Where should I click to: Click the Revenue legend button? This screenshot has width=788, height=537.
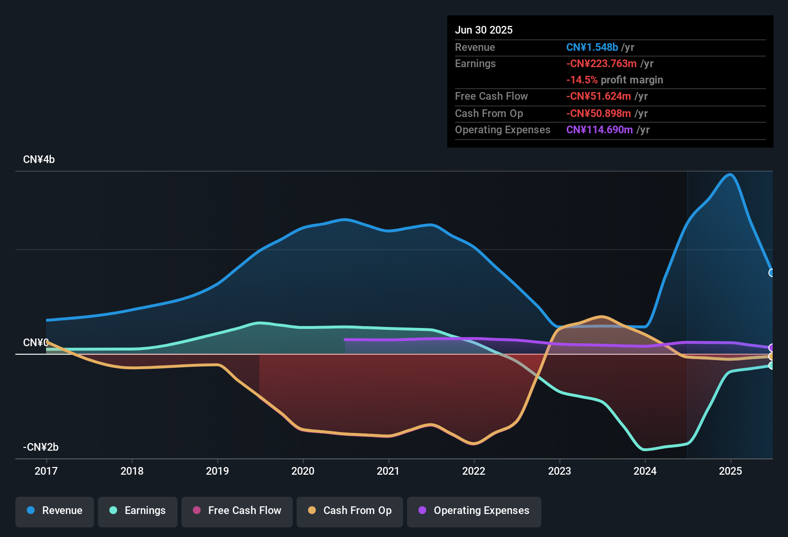pyautogui.click(x=55, y=511)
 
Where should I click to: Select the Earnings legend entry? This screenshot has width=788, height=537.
pyautogui.click(x=138, y=511)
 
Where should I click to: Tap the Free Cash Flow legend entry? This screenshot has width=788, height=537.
pyautogui.click(x=237, y=511)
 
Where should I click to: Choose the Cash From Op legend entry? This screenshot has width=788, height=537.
pyautogui.click(x=350, y=511)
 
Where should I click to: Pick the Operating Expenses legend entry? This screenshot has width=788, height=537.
pyautogui.click(x=474, y=511)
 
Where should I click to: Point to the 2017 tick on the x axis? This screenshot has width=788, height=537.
pyautogui.click(x=46, y=471)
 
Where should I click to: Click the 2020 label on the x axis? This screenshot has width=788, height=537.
pyautogui.click(x=303, y=471)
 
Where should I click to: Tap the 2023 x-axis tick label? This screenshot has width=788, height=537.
pyautogui.click(x=560, y=471)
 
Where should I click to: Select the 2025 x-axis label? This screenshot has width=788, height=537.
pyautogui.click(x=730, y=471)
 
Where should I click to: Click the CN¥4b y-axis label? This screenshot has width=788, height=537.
pyautogui.click(x=39, y=160)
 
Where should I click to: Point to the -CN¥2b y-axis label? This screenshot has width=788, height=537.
pyautogui.click(x=41, y=447)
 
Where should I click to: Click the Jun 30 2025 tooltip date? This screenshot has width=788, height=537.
pyautogui.click(x=484, y=30)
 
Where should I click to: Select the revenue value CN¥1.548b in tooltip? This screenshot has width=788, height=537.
pyautogui.click(x=592, y=47)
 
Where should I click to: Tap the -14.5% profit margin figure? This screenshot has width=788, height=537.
pyautogui.click(x=582, y=80)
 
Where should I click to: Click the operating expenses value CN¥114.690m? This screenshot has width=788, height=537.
pyautogui.click(x=599, y=130)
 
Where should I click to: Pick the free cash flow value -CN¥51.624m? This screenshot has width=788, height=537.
pyautogui.click(x=598, y=96)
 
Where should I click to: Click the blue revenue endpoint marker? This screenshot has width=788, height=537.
pyautogui.click(x=772, y=273)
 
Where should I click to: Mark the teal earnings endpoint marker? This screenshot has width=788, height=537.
pyautogui.click(x=772, y=365)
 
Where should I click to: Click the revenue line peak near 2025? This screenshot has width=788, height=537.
pyautogui.click(x=730, y=175)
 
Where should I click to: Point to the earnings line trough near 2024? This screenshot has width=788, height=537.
pyautogui.click(x=645, y=450)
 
